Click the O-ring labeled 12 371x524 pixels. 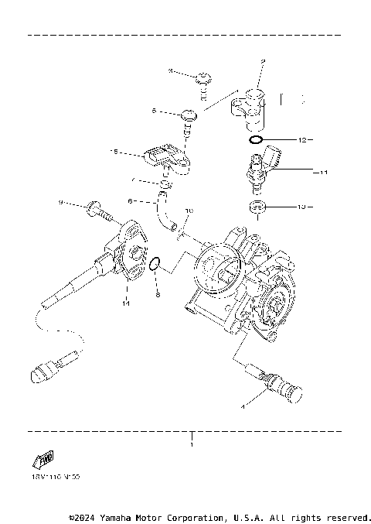point(257,141)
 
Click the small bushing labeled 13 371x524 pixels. point(257,207)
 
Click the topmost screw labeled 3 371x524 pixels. point(204,77)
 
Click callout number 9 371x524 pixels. point(60,203)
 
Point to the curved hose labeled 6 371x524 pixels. point(165,213)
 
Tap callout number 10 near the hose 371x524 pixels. point(189,211)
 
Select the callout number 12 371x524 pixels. point(302,140)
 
